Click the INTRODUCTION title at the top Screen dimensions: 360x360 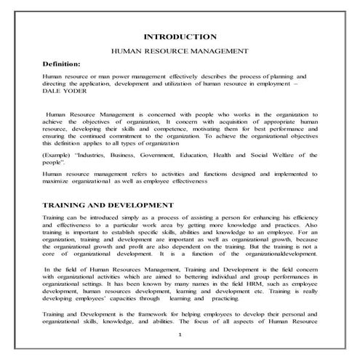[x=180, y=36]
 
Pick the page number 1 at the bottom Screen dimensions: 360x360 [x=180, y=334]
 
